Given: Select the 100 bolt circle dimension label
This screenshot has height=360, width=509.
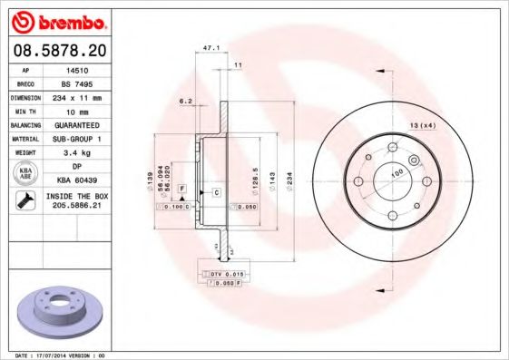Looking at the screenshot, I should tap(396, 170).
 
